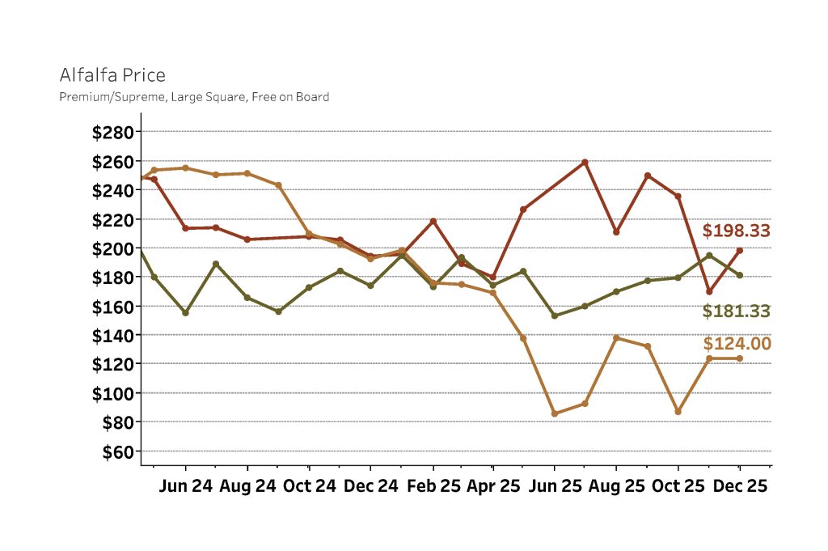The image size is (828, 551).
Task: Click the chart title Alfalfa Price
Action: pyautogui.click(x=112, y=75)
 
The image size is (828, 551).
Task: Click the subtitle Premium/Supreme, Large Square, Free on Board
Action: pyautogui.click(x=194, y=97)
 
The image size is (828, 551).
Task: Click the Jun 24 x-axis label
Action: pyautogui.click(x=185, y=487)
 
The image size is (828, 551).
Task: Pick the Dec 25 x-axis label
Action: pyautogui.click(x=739, y=487)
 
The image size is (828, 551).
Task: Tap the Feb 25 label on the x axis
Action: pyautogui.click(x=433, y=487)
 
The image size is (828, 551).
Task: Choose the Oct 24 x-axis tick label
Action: pyautogui.click(x=309, y=487)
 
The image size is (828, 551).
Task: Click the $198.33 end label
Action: pyautogui.click(x=736, y=231)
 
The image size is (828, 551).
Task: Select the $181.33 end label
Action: pyautogui.click(x=736, y=312)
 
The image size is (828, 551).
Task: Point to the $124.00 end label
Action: pyautogui.click(x=736, y=344)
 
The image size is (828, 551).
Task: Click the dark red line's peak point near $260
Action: pyautogui.click(x=585, y=162)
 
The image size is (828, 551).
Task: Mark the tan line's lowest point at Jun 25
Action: pyautogui.click(x=555, y=413)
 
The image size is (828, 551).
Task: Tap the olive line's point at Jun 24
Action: pyautogui.click(x=185, y=312)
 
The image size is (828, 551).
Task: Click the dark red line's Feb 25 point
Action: pyautogui.click(x=433, y=221)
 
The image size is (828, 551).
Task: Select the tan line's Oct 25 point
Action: pyautogui.click(x=678, y=412)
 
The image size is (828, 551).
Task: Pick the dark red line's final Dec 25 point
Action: pyautogui.click(x=739, y=250)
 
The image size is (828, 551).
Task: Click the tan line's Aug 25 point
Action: pyautogui.click(x=616, y=337)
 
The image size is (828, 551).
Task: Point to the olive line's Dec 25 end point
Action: pyautogui.click(x=739, y=275)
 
